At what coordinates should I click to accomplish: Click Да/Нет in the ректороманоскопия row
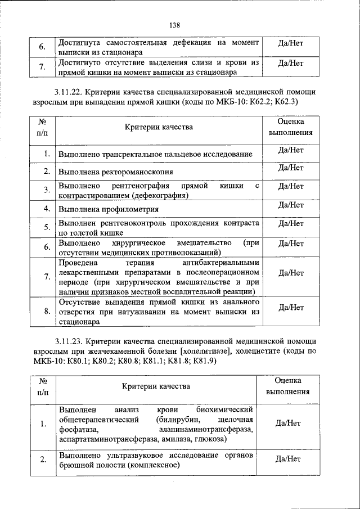pos(291,168)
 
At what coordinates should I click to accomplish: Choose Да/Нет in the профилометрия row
pos(291,205)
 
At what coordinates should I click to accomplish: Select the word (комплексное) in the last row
pos(154,465)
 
